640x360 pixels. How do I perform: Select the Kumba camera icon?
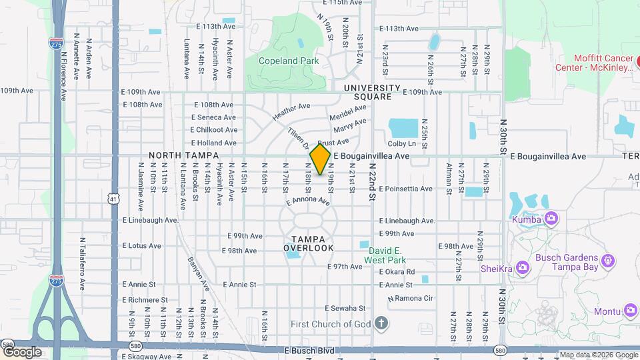pyautogui.click(x=551, y=218)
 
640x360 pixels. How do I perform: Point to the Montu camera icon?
pyautogui.click(x=631, y=310)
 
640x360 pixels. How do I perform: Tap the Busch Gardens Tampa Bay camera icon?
pyautogui.click(x=607, y=259)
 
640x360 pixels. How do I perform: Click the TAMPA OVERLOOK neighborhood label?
pyautogui.click(x=308, y=243)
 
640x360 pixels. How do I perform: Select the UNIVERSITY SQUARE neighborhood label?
pyautogui.click(x=372, y=92)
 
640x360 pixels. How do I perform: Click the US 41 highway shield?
pyautogui.click(x=113, y=199)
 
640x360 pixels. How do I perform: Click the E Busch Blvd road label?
pyautogui.click(x=308, y=350)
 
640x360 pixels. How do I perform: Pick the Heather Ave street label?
pyautogui.click(x=291, y=111)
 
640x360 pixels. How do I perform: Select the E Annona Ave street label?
pyautogui.click(x=308, y=201)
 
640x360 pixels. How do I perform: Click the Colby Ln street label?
pyautogui.click(x=401, y=144)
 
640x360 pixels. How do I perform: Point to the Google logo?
pyautogui.click(x=22, y=351)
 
